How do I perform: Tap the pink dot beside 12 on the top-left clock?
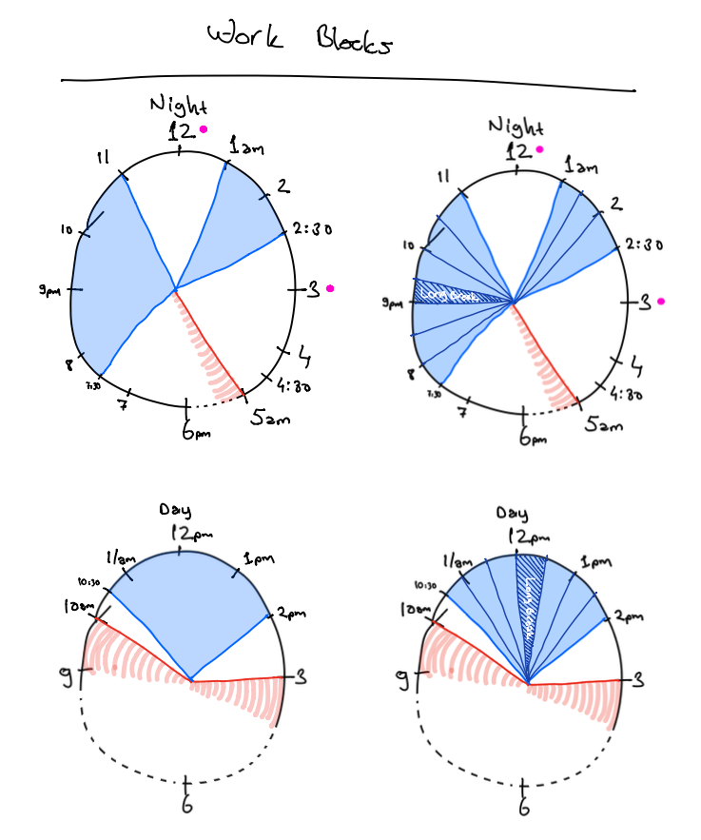[x=203, y=130]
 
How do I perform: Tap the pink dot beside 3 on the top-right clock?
[x=661, y=302]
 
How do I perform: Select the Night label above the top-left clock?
[x=179, y=105]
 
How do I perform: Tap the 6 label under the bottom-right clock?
[x=524, y=807]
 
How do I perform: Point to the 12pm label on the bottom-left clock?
[x=183, y=535]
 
